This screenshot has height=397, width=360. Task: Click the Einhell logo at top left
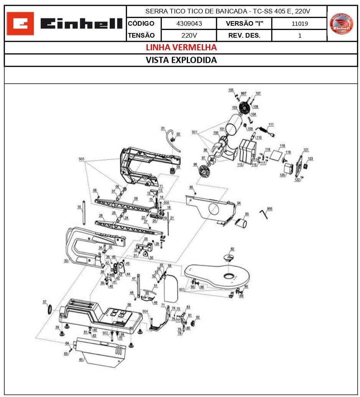click(66, 24)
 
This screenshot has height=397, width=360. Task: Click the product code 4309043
click(189, 23)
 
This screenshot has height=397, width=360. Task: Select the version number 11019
click(299, 23)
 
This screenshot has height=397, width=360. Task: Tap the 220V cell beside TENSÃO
click(189, 35)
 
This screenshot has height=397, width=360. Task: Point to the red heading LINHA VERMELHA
click(181, 47)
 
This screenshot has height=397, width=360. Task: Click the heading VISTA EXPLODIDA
click(181, 60)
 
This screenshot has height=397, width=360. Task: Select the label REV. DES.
click(244, 35)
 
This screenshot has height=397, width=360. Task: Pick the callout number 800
click(269, 208)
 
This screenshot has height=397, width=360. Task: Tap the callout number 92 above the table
click(232, 249)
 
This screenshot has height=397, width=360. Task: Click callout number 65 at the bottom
click(81, 359)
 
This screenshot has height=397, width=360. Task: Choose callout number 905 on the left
click(81, 159)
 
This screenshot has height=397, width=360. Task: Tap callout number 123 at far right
click(310, 158)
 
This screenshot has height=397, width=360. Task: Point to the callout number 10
click(79, 207)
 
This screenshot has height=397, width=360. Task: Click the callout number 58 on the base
click(129, 304)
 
